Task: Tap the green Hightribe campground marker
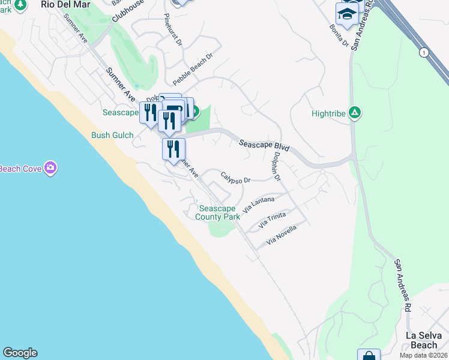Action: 355,112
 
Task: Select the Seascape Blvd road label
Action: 264,146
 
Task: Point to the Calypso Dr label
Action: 235,176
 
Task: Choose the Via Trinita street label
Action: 272,220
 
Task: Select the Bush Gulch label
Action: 112,135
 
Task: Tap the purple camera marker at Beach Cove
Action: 50,168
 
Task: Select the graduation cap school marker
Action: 347,14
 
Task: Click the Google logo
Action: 20,353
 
